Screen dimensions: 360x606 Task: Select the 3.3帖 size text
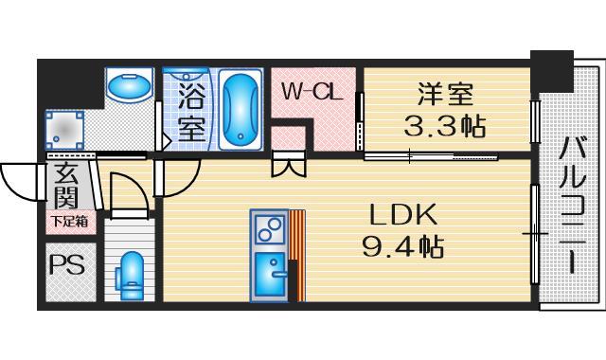click(445, 126)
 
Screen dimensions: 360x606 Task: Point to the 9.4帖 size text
click(402, 248)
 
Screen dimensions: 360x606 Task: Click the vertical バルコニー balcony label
click(571, 206)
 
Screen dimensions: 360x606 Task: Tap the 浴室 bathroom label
click(191, 112)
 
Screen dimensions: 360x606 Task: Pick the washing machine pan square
click(67, 127)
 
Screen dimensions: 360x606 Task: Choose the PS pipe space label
click(65, 264)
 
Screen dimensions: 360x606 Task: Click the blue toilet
click(130, 275)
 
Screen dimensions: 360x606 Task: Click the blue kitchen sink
click(270, 276)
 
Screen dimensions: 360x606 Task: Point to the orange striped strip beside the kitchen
click(296, 255)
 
